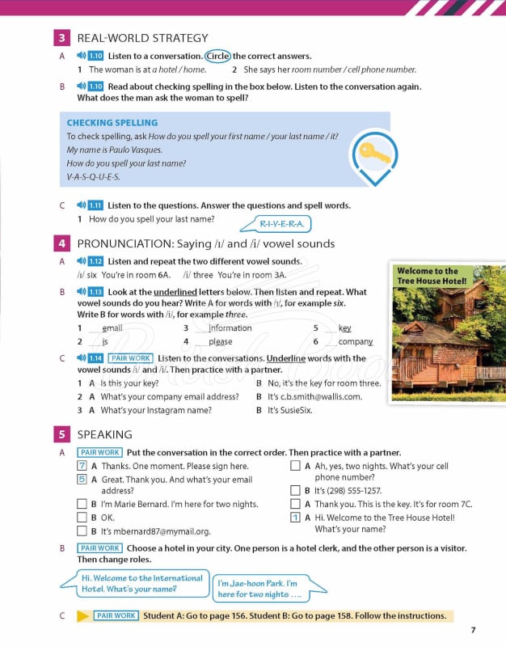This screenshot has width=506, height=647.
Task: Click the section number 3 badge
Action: [61, 38]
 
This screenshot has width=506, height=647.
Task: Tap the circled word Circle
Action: [217, 56]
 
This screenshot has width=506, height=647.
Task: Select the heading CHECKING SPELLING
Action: [112, 123]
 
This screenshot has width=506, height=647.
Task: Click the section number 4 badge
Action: [61, 243]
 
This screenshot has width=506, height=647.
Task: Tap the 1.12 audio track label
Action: [95, 261]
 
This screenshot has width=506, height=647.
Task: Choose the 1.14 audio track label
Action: [95, 357]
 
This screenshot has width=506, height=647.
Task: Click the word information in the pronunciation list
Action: [230, 328]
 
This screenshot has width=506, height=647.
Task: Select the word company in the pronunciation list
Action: [356, 341]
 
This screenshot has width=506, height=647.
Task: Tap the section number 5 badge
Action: [61, 434]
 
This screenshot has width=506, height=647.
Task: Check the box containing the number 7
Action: [82, 466]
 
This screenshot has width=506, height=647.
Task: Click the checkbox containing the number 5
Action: [82, 479]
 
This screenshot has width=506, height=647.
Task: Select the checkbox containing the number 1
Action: [295, 518]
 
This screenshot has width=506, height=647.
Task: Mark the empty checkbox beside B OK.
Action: [82, 518]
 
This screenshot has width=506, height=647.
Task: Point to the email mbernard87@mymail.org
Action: [156, 531]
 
